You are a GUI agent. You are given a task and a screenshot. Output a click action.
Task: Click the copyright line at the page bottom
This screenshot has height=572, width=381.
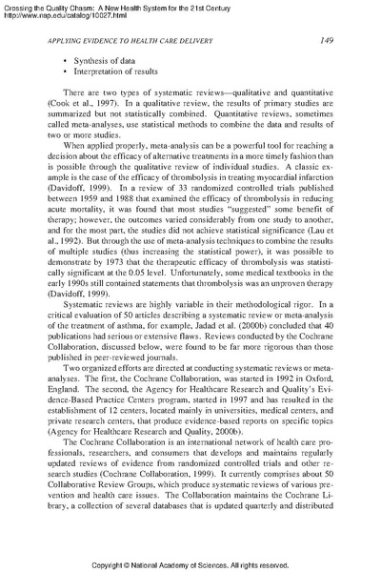point(190,563)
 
